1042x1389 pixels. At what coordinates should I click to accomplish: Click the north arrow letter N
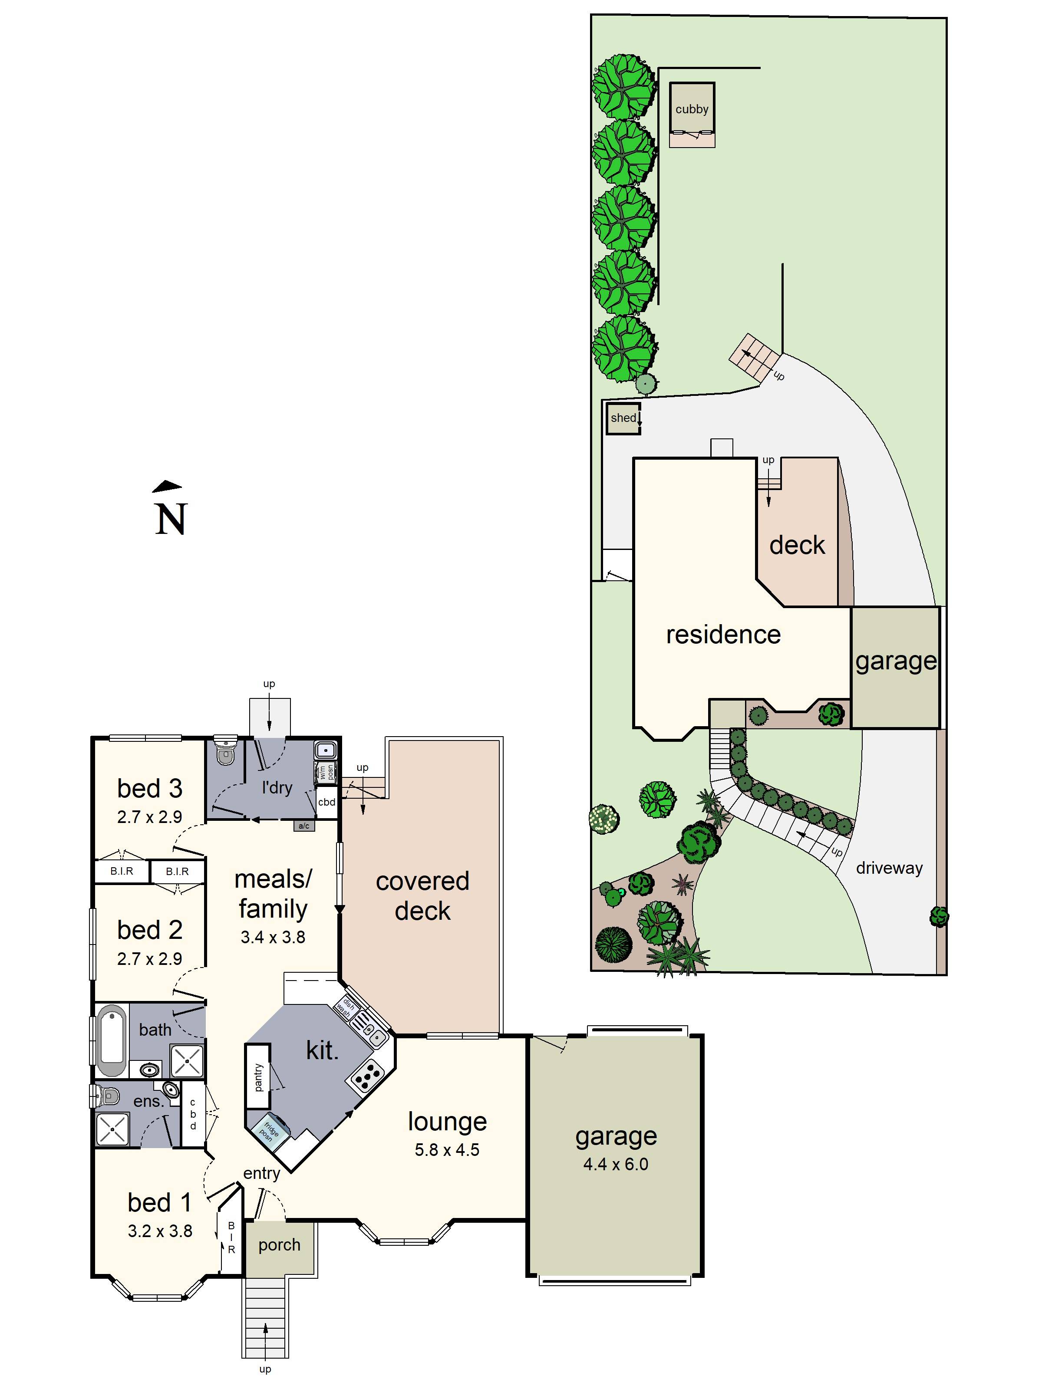pos(171,519)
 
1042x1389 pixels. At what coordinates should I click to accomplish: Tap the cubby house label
pos(692,109)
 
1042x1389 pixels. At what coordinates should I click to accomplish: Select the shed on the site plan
pos(623,419)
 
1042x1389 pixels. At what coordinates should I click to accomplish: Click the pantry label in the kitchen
pos(258,1077)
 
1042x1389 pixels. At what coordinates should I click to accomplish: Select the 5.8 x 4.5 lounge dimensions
pos(447,1150)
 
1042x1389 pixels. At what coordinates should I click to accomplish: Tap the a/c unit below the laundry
pos(304,826)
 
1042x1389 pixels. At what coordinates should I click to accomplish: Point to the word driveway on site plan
pos(889,869)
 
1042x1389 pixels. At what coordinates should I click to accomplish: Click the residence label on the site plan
pos(723,635)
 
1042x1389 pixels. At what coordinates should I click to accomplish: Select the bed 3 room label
pos(149,789)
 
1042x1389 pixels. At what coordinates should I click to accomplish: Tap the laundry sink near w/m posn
pos(325,750)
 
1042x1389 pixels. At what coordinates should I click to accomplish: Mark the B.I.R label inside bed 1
pos(231,1237)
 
